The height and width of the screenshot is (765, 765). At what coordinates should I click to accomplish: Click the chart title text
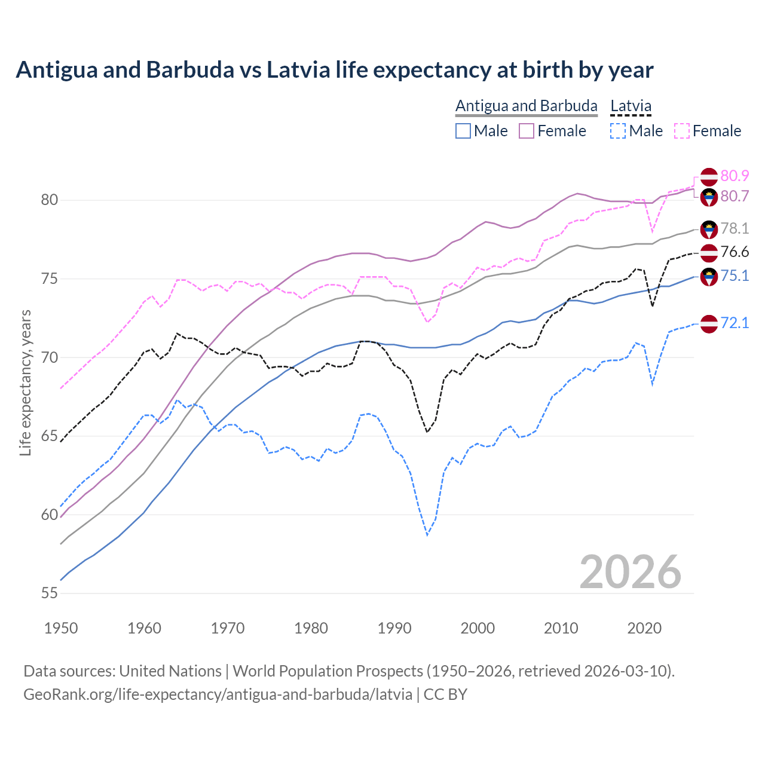pos(334,70)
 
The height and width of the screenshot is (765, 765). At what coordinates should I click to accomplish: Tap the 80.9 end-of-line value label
pos(735,176)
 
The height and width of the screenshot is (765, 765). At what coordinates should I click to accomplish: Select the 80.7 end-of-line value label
pos(735,196)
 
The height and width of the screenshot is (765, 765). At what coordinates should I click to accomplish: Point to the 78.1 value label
pos(735,228)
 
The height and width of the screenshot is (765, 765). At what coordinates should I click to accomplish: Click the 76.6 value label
pos(735,252)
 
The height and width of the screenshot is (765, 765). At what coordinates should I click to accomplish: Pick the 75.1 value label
pos(735,276)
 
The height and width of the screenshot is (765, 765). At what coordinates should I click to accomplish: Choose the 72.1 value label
pos(735,323)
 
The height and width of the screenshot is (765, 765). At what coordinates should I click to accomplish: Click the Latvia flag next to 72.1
pos(709,323)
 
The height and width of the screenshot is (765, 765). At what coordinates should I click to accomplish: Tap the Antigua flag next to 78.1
pos(709,229)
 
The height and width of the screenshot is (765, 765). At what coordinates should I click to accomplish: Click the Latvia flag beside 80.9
pos(709,177)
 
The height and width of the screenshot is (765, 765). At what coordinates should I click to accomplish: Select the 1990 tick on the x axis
pos(394,628)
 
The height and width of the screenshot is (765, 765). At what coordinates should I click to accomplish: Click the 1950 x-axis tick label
pos(61,628)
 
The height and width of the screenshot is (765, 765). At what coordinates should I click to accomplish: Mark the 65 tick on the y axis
pos(49,436)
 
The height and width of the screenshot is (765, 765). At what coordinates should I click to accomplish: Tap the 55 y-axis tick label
pos(49,593)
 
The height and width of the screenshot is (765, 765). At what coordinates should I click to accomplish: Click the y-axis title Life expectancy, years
pos(25,382)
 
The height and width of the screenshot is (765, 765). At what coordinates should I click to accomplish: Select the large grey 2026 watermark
pos(630,572)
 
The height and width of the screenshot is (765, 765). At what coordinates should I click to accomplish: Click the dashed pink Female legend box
pos(682,131)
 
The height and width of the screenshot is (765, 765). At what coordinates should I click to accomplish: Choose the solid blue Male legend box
pos(463,131)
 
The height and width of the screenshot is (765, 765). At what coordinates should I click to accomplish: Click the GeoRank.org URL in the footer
pos(218,694)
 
